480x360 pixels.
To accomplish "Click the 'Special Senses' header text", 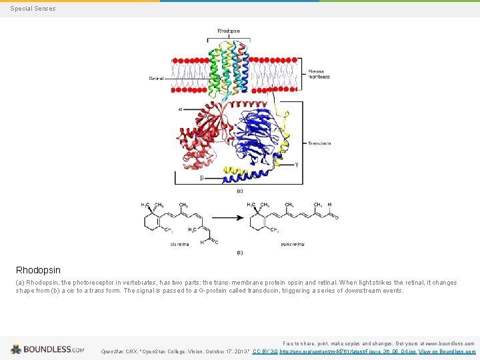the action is tap(33, 9).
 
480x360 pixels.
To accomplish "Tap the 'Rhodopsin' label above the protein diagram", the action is tap(229, 31).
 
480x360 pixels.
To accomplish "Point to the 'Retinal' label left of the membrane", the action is tap(156, 79).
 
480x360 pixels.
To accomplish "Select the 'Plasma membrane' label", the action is tap(319, 73).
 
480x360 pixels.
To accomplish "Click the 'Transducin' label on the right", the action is tap(319, 143).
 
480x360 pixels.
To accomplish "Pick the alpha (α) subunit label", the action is tap(179, 109).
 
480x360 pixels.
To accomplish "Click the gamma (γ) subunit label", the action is tap(296, 165).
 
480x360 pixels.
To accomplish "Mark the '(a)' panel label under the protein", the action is tap(240, 191).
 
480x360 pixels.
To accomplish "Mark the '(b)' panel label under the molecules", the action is tap(240, 253).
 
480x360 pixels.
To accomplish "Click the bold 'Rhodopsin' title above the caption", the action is tap(38, 270).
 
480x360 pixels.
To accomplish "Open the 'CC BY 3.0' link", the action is tap(265, 351).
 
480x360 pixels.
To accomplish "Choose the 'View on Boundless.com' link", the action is tap(447, 351).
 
